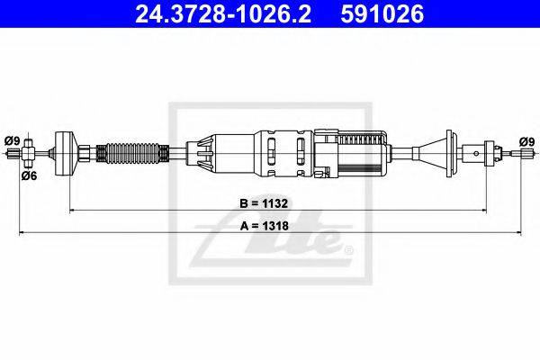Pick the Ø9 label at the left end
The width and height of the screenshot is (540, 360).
coord(13,139)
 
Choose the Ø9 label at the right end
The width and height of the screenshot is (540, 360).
coord(526,139)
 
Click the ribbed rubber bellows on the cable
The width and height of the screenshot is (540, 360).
coord(133,154)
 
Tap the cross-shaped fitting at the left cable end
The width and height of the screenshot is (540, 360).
coord(30,156)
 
